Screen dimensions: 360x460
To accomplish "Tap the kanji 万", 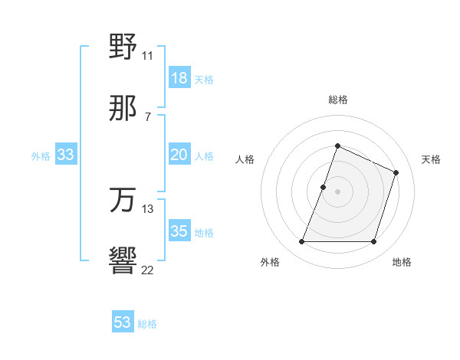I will (123, 201).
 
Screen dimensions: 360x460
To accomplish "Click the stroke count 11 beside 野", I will (147, 55).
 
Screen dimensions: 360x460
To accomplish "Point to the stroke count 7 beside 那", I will (147, 116).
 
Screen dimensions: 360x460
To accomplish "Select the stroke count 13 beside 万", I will (147, 208).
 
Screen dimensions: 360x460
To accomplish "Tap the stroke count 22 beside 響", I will (147, 270).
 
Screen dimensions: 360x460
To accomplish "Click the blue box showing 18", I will (179, 78).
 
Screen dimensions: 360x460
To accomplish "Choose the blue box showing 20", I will (179, 155).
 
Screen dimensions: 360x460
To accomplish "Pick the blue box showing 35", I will (179, 231).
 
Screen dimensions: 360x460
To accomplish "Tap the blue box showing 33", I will (66, 155).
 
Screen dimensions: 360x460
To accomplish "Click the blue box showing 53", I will (123, 322).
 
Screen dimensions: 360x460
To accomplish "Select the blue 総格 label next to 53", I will (147, 324).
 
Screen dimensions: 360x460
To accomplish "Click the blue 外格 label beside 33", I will (41, 156).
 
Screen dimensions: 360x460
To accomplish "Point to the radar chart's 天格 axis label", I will (431, 159).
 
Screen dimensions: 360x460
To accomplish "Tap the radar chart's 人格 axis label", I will (245, 159).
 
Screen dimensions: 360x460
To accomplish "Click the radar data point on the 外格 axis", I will (302, 242).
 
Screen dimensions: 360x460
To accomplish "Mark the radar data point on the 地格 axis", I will (374, 242).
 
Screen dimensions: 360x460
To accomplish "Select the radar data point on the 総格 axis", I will (337, 146).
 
